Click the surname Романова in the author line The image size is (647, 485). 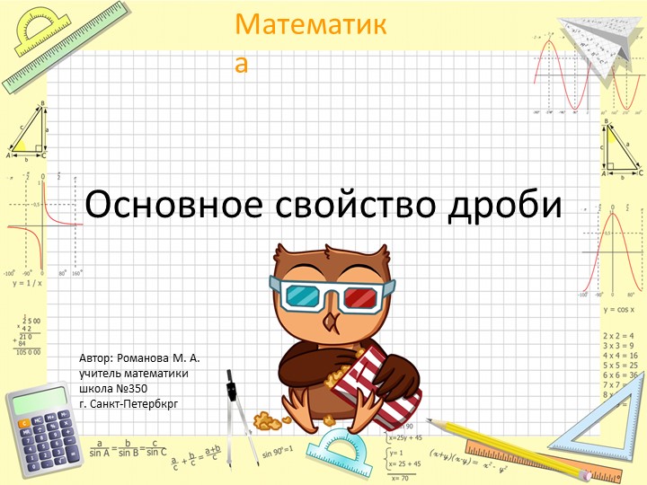149,357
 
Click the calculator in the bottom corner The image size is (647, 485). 42,430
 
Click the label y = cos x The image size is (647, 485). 621,309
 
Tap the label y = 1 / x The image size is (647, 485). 28,283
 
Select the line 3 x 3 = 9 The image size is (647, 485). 620,345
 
